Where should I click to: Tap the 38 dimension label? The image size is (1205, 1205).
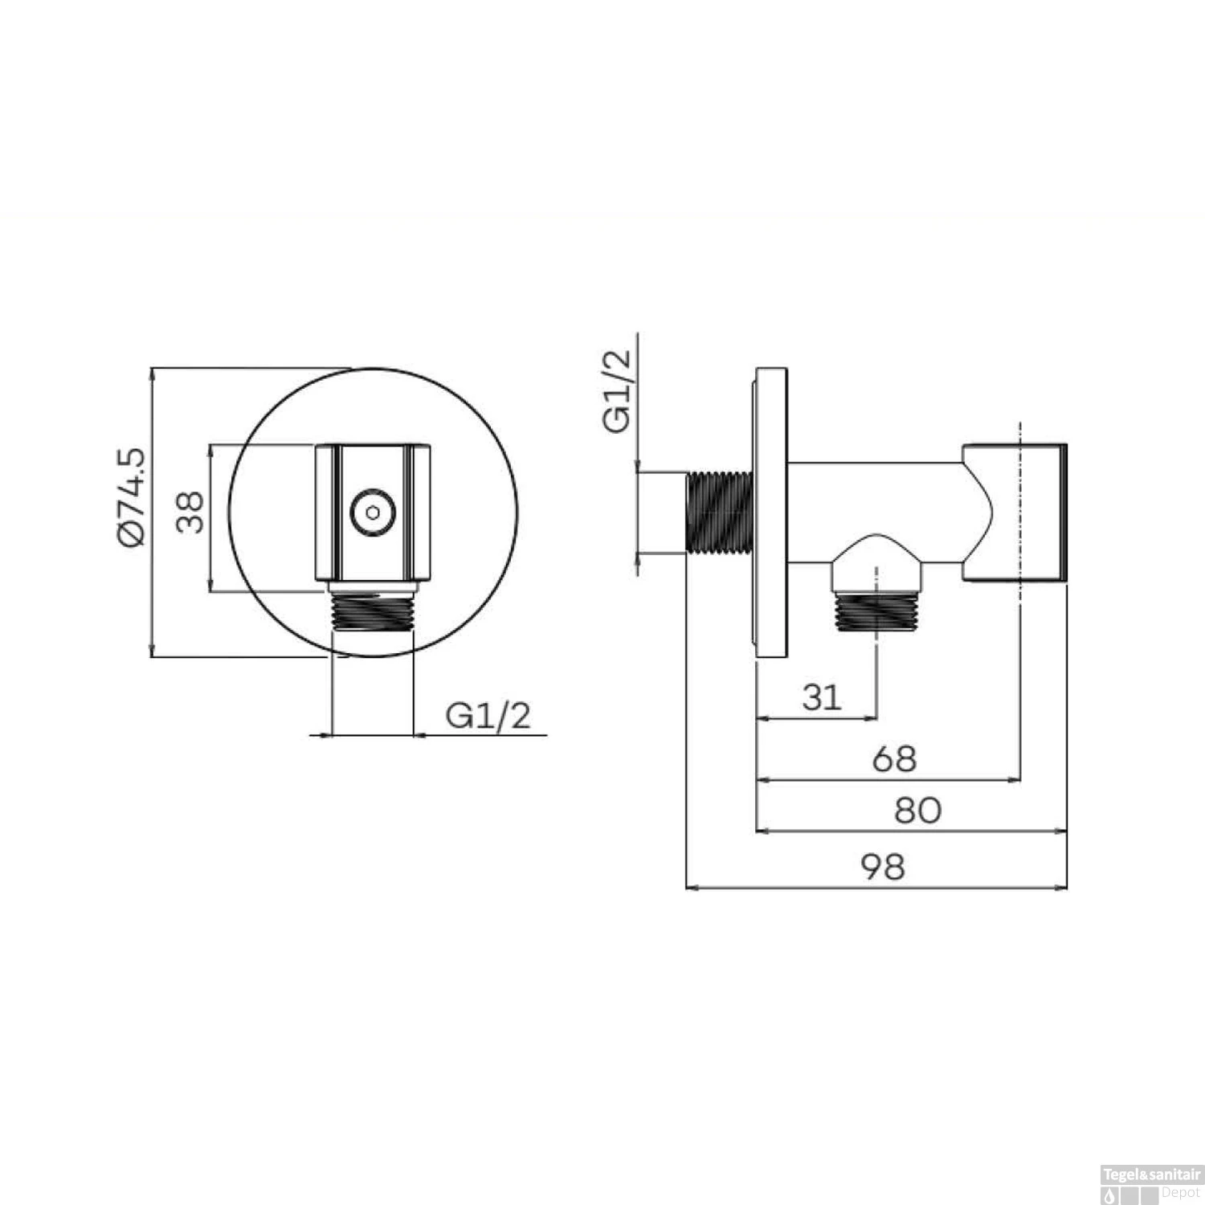click(x=190, y=513)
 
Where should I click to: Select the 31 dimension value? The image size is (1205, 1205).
click(x=821, y=697)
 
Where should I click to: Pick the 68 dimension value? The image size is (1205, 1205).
click(x=893, y=758)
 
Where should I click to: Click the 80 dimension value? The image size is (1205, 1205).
click(x=917, y=811)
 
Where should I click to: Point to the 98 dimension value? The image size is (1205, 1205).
click(x=883, y=867)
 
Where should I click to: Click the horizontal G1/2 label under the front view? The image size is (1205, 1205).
click(x=488, y=715)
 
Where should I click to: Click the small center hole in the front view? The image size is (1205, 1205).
click(x=370, y=512)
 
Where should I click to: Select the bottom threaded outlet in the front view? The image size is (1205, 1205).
click(x=373, y=612)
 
